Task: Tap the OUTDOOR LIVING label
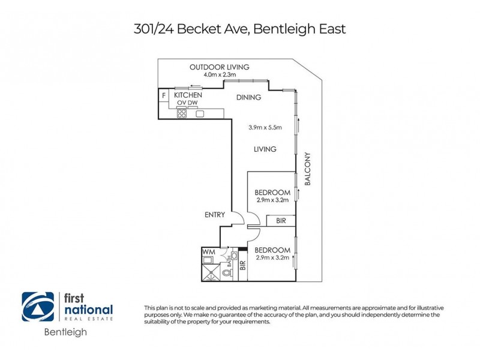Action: click(219, 67)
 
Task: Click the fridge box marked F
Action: click(163, 95)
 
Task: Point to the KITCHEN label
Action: click(188, 95)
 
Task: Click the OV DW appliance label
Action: click(187, 103)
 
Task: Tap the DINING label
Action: click(248, 98)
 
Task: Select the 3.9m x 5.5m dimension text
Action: click(265, 127)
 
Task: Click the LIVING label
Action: click(265, 149)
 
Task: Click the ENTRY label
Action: click(215, 214)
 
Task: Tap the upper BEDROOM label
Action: click(272, 192)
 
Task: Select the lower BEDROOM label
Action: click(272, 250)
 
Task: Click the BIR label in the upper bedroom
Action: click(281, 221)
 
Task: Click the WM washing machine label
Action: click(209, 252)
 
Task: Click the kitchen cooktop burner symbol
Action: click(181, 113)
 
